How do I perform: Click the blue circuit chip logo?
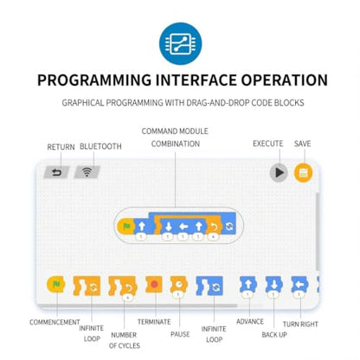(x=181, y=43)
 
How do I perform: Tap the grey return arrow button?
(x=56, y=172)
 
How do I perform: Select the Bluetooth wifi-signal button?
(x=87, y=172)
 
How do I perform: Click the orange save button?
(x=303, y=173)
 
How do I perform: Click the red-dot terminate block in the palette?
(x=154, y=285)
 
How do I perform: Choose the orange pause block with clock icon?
(x=179, y=286)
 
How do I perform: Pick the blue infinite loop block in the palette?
(x=209, y=286)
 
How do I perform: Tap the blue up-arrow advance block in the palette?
(x=248, y=286)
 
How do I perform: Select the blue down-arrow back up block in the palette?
(x=273, y=286)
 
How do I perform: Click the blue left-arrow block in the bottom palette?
(x=299, y=286)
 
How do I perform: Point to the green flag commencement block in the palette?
(x=56, y=285)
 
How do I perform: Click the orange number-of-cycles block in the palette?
(x=123, y=287)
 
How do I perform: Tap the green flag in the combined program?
(x=127, y=226)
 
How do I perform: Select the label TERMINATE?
(x=154, y=322)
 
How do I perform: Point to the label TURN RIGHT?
(x=300, y=325)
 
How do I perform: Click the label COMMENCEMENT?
(x=55, y=322)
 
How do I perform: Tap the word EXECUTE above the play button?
(x=268, y=144)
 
